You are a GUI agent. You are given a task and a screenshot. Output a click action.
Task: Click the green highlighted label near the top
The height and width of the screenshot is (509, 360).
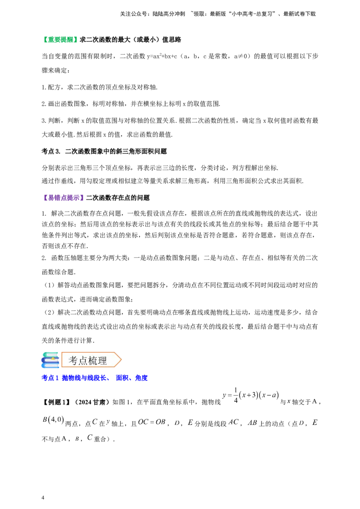click(x=61, y=40)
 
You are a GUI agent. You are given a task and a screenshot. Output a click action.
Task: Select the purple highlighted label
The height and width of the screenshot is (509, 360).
click(x=64, y=198)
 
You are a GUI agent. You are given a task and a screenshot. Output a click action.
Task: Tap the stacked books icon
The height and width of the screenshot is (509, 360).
click(x=49, y=360)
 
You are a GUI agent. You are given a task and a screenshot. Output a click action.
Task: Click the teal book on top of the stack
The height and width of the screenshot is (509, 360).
click(x=51, y=353)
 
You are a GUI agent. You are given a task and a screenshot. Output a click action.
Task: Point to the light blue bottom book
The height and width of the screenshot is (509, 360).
click(x=51, y=366)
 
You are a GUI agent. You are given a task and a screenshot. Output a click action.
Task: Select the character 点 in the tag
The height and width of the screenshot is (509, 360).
click(x=83, y=361)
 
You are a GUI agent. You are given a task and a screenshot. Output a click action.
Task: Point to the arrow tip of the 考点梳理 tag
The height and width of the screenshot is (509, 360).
click(x=120, y=360)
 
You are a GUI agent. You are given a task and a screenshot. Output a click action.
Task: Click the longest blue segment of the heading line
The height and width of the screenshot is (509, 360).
click(x=85, y=378)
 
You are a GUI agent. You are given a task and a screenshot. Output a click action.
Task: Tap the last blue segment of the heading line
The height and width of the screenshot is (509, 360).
click(x=141, y=378)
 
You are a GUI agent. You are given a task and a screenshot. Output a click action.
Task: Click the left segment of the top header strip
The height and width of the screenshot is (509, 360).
click(x=153, y=14)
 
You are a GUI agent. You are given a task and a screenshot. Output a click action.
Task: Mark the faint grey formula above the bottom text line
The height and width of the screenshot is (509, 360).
click(x=252, y=396)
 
